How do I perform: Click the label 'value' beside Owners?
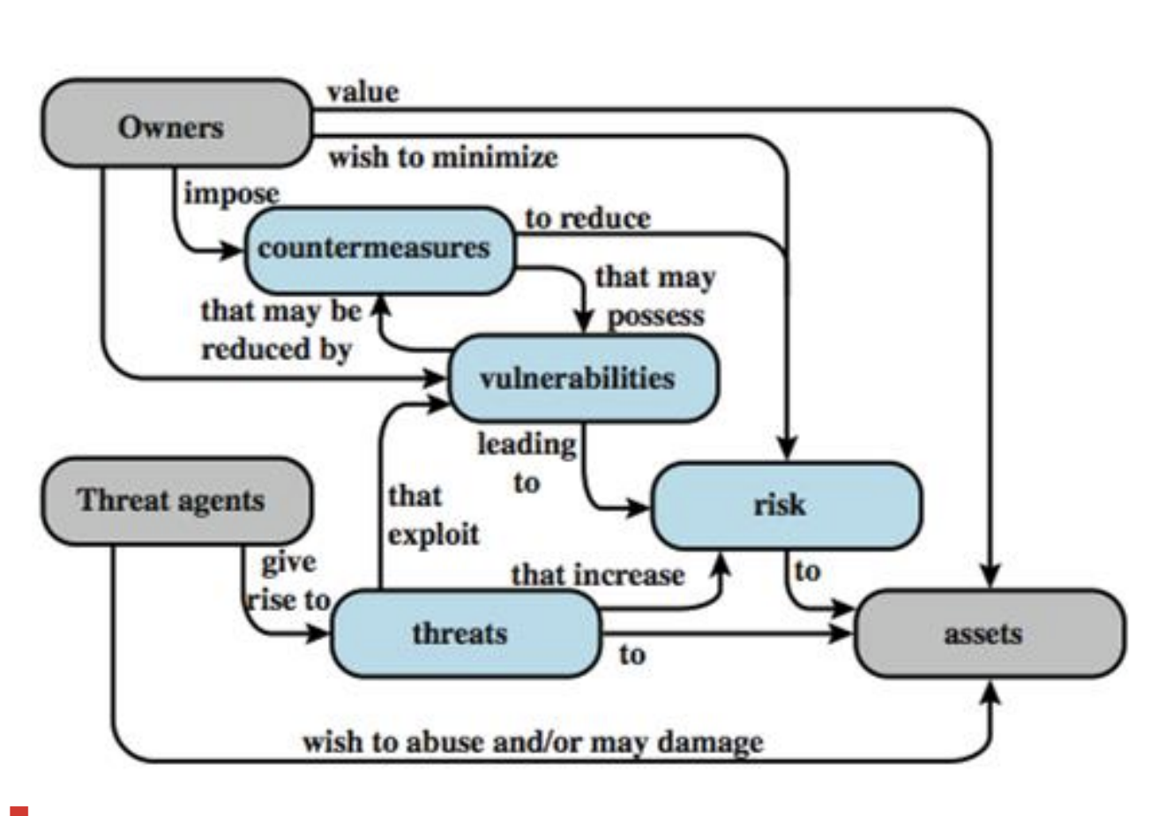click(362, 92)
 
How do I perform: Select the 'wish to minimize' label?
click(443, 158)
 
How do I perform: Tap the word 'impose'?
click(231, 193)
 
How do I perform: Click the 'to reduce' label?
click(587, 218)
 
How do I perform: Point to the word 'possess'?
click(656, 315)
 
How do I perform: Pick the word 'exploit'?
click(433, 535)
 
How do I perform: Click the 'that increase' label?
click(597, 575)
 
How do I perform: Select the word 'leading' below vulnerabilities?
click(527, 444)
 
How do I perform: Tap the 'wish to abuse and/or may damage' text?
click(533, 742)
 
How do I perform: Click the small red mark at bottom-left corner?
click(19, 810)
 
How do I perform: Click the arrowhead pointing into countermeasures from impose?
click(233, 251)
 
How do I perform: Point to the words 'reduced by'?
click(276, 349)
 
